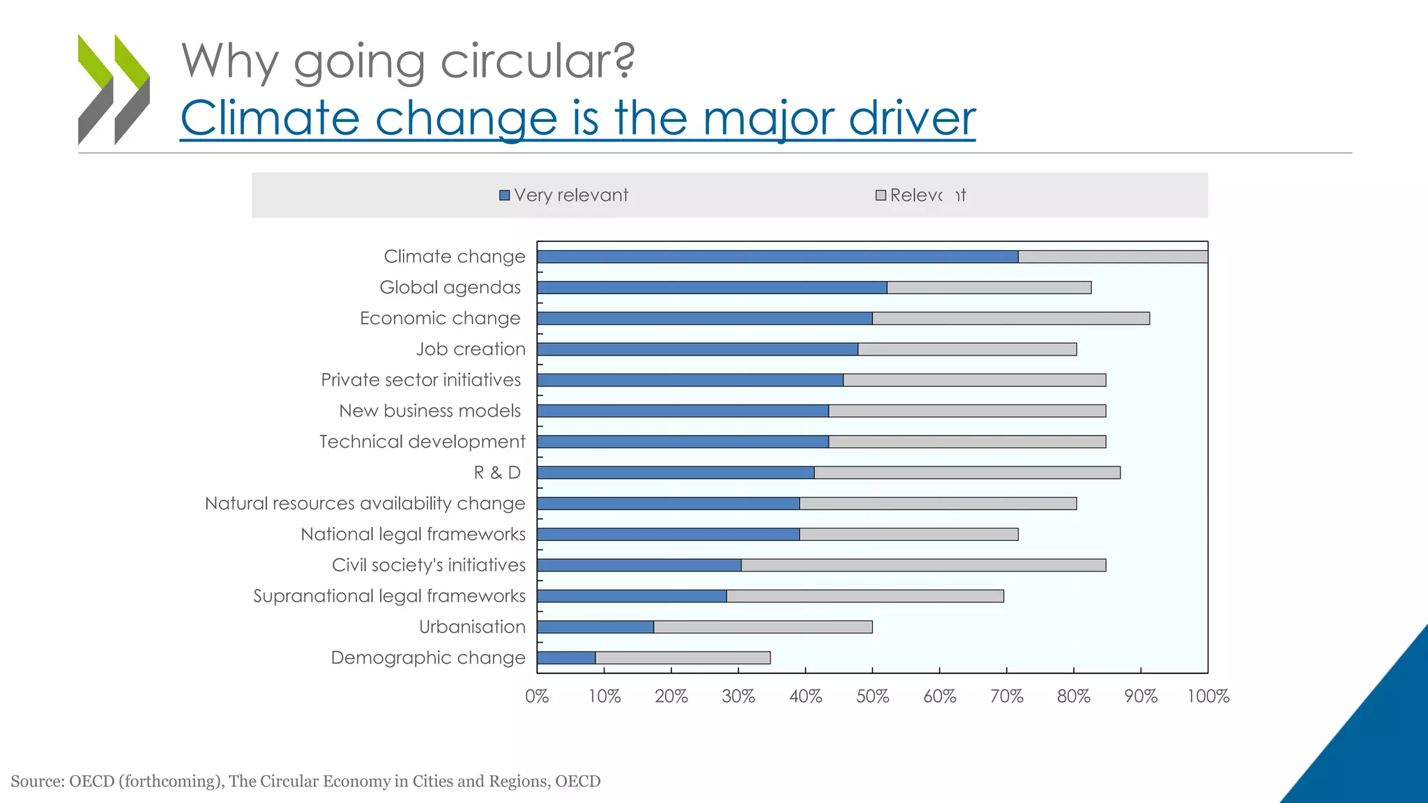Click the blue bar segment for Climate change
pyautogui.click(x=777, y=257)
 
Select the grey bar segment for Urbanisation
pyautogui.click(x=763, y=627)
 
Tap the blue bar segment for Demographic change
pyautogui.click(x=566, y=657)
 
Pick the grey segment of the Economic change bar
pyautogui.click(x=1011, y=319)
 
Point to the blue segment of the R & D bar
pyautogui.click(x=676, y=473)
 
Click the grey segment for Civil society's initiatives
pyautogui.click(x=923, y=565)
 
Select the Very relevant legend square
pyautogui.click(x=505, y=195)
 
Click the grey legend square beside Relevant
pyautogui.click(x=881, y=195)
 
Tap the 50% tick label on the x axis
pyautogui.click(x=872, y=696)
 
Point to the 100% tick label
pyautogui.click(x=1208, y=696)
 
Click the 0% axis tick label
pyautogui.click(x=537, y=696)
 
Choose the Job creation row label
pyautogui.click(x=471, y=349)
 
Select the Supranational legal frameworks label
pyautogui.click(x=389, y=596)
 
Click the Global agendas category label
pyautogui.click(x=450, y=287)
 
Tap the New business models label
pyautogui.click(x=430, y=411)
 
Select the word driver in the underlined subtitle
pyautogui.click(x=911, y=118)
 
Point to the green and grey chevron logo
pyautogui.click(x=114, y=89)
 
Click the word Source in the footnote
pyautogui.click(x=36, y=781)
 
